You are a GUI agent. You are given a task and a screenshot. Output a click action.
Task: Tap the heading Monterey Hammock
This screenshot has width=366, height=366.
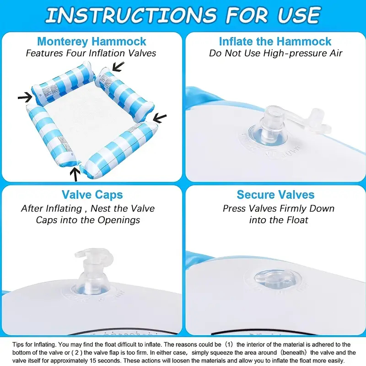91,42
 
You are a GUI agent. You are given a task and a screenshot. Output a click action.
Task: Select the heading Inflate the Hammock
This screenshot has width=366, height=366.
275,41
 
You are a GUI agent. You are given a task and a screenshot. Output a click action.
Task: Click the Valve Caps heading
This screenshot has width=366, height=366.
92,195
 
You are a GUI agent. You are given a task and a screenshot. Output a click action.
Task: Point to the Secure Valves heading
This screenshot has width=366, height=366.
275,194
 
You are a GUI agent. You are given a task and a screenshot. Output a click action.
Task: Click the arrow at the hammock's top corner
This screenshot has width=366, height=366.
118,66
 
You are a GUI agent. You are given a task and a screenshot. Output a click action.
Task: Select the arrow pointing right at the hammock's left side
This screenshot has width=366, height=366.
25,97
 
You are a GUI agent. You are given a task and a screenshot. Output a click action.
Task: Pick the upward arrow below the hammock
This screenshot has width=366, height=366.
75,174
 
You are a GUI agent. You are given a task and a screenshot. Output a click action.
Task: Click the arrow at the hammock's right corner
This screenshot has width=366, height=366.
160,118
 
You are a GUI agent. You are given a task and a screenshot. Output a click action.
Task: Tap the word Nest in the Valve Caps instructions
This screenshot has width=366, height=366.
101,209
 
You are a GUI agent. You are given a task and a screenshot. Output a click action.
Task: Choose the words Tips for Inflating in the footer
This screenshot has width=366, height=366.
34,345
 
